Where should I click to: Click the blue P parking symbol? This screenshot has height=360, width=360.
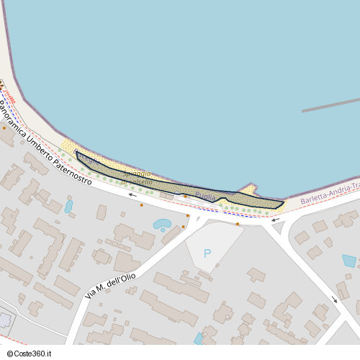[x=207, y=253]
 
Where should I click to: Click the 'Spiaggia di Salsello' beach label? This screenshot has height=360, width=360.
[x=136, y=179]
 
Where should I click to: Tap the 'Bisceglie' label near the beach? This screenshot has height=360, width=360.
[x=88, y=160]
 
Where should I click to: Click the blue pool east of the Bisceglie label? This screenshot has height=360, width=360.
[x=68, y=206]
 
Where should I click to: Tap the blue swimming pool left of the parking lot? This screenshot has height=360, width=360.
[x=162, y=224]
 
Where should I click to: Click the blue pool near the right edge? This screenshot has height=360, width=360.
[x=349, y=261]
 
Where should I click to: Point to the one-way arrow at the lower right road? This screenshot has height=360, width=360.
[x=334, y=299]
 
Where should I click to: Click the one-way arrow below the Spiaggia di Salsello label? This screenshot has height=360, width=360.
[x=132, y=194]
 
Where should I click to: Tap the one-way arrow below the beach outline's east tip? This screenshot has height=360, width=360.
[x=274, y=219]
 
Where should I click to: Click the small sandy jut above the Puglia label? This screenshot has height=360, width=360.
[x=248, y=190]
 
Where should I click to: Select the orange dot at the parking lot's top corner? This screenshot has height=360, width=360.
[x=238, y=224]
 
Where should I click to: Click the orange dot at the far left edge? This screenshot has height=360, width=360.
[x=4, y=128]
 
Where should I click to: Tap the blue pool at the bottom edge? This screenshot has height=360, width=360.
[x=199, y=338]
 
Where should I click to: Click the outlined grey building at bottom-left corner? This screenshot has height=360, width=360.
[x=5, y=319]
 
